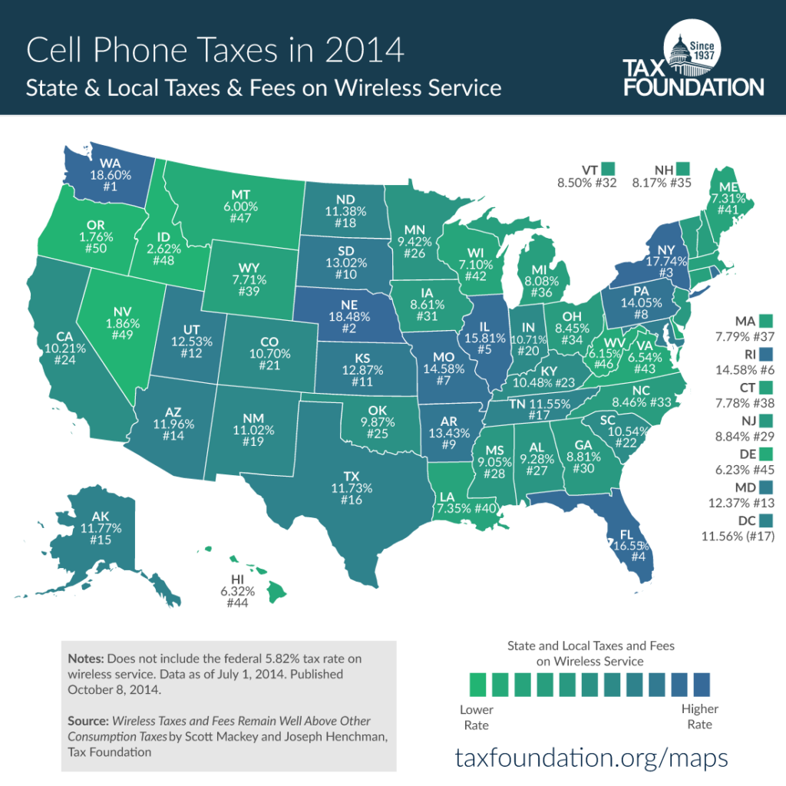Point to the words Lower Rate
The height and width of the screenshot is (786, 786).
(476, 717)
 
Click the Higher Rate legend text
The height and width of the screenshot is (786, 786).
(699, 717)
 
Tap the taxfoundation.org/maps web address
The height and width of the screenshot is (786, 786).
(591, 758)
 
